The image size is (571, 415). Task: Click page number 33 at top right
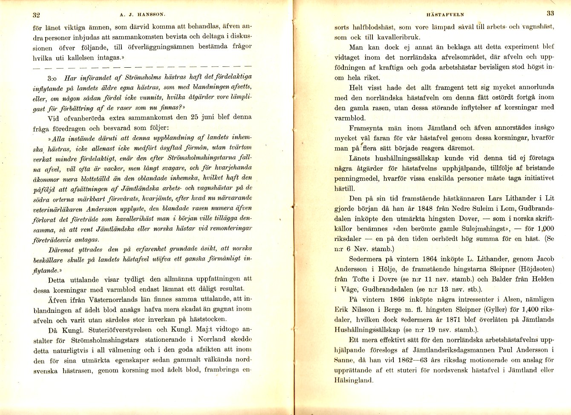550,13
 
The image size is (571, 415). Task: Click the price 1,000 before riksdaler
544,229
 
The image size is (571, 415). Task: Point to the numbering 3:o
55,78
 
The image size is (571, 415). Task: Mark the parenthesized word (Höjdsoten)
534,269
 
